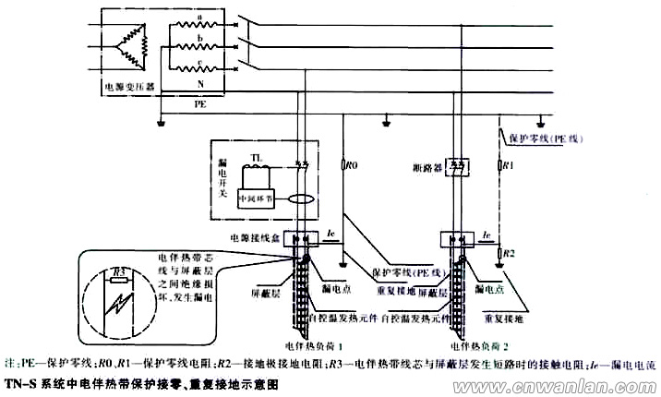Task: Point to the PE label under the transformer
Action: click(200, 105)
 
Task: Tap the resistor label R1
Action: click(507, 166)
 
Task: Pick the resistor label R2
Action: click(507, 251)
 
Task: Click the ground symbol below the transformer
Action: click(162, 120)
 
